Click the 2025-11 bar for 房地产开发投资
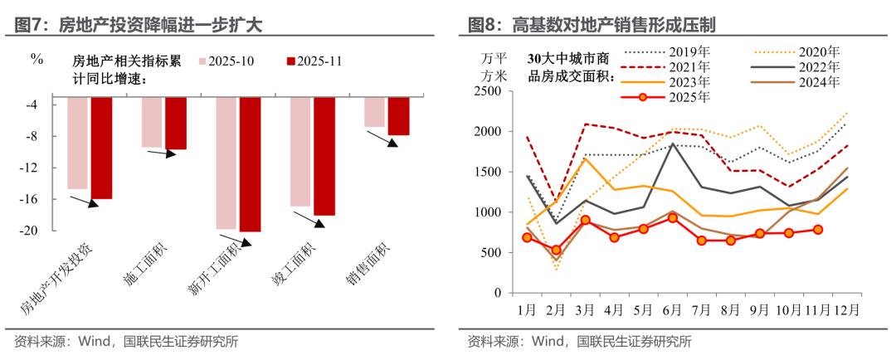pyautogui.click(x=101, y=148)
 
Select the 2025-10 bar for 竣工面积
pyautogui.click(x=300, y=151)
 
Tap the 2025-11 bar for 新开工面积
pyautogui.click(x=250, y=164)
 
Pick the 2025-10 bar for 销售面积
pyautogui.click(x=375, y=112)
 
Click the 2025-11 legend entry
pyautogui.click(x=314, y=61)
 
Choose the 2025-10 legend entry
pyautogui.click(x=226, y=61)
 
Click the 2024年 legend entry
pyautogui.click(x=796, y=81)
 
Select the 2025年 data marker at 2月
pyautogui.click(x=557, y=250)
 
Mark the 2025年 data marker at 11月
pyautogui.click(x=817, y=230)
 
